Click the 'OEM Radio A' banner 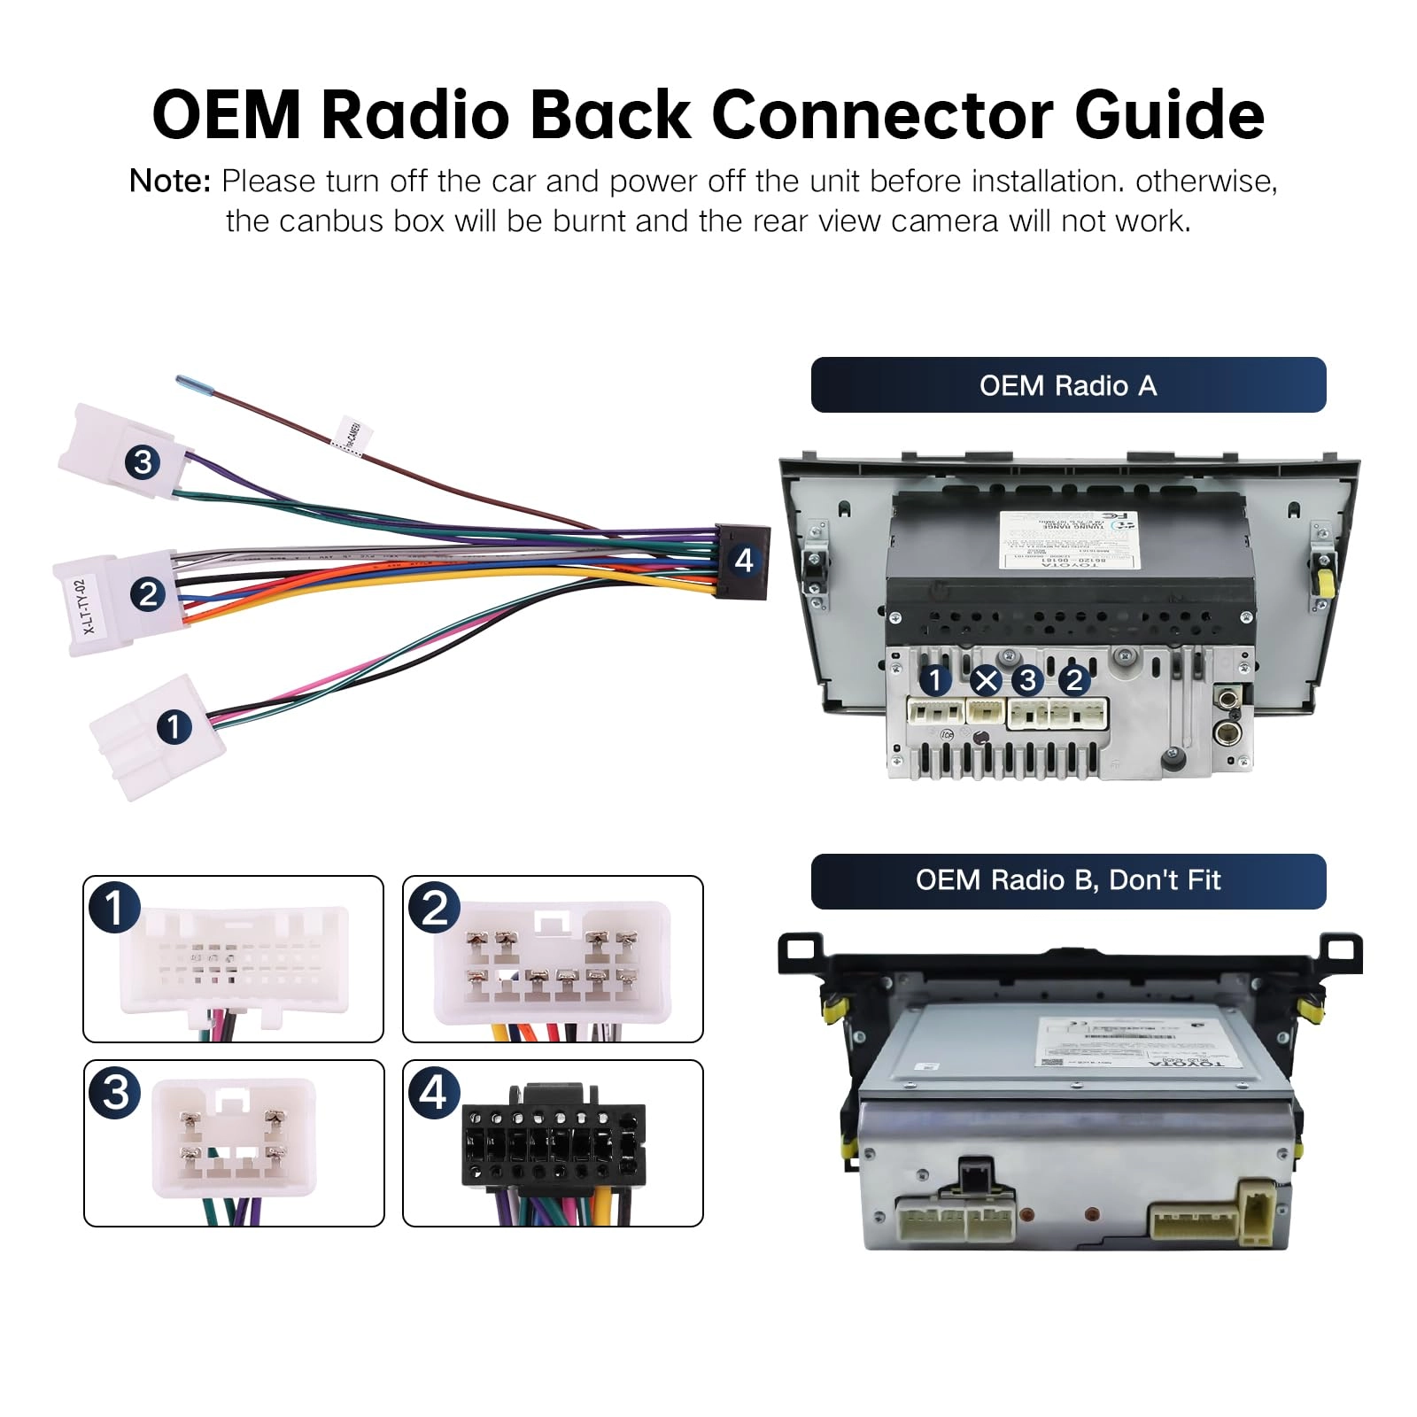point(1068,385)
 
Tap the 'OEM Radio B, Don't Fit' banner point(1068,881)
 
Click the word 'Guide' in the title point(1169,115)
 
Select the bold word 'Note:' point(170,182)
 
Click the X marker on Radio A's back point(986,681)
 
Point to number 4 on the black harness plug point(744,561)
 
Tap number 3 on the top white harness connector point(143,461)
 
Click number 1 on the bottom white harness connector point(174,726)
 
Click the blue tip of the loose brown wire point(190,383)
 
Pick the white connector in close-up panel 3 point(234,1137)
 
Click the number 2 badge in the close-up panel point(434,908)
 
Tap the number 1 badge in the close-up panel point(114,908)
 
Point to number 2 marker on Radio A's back point(1074,680)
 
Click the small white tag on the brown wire point(352,436)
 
